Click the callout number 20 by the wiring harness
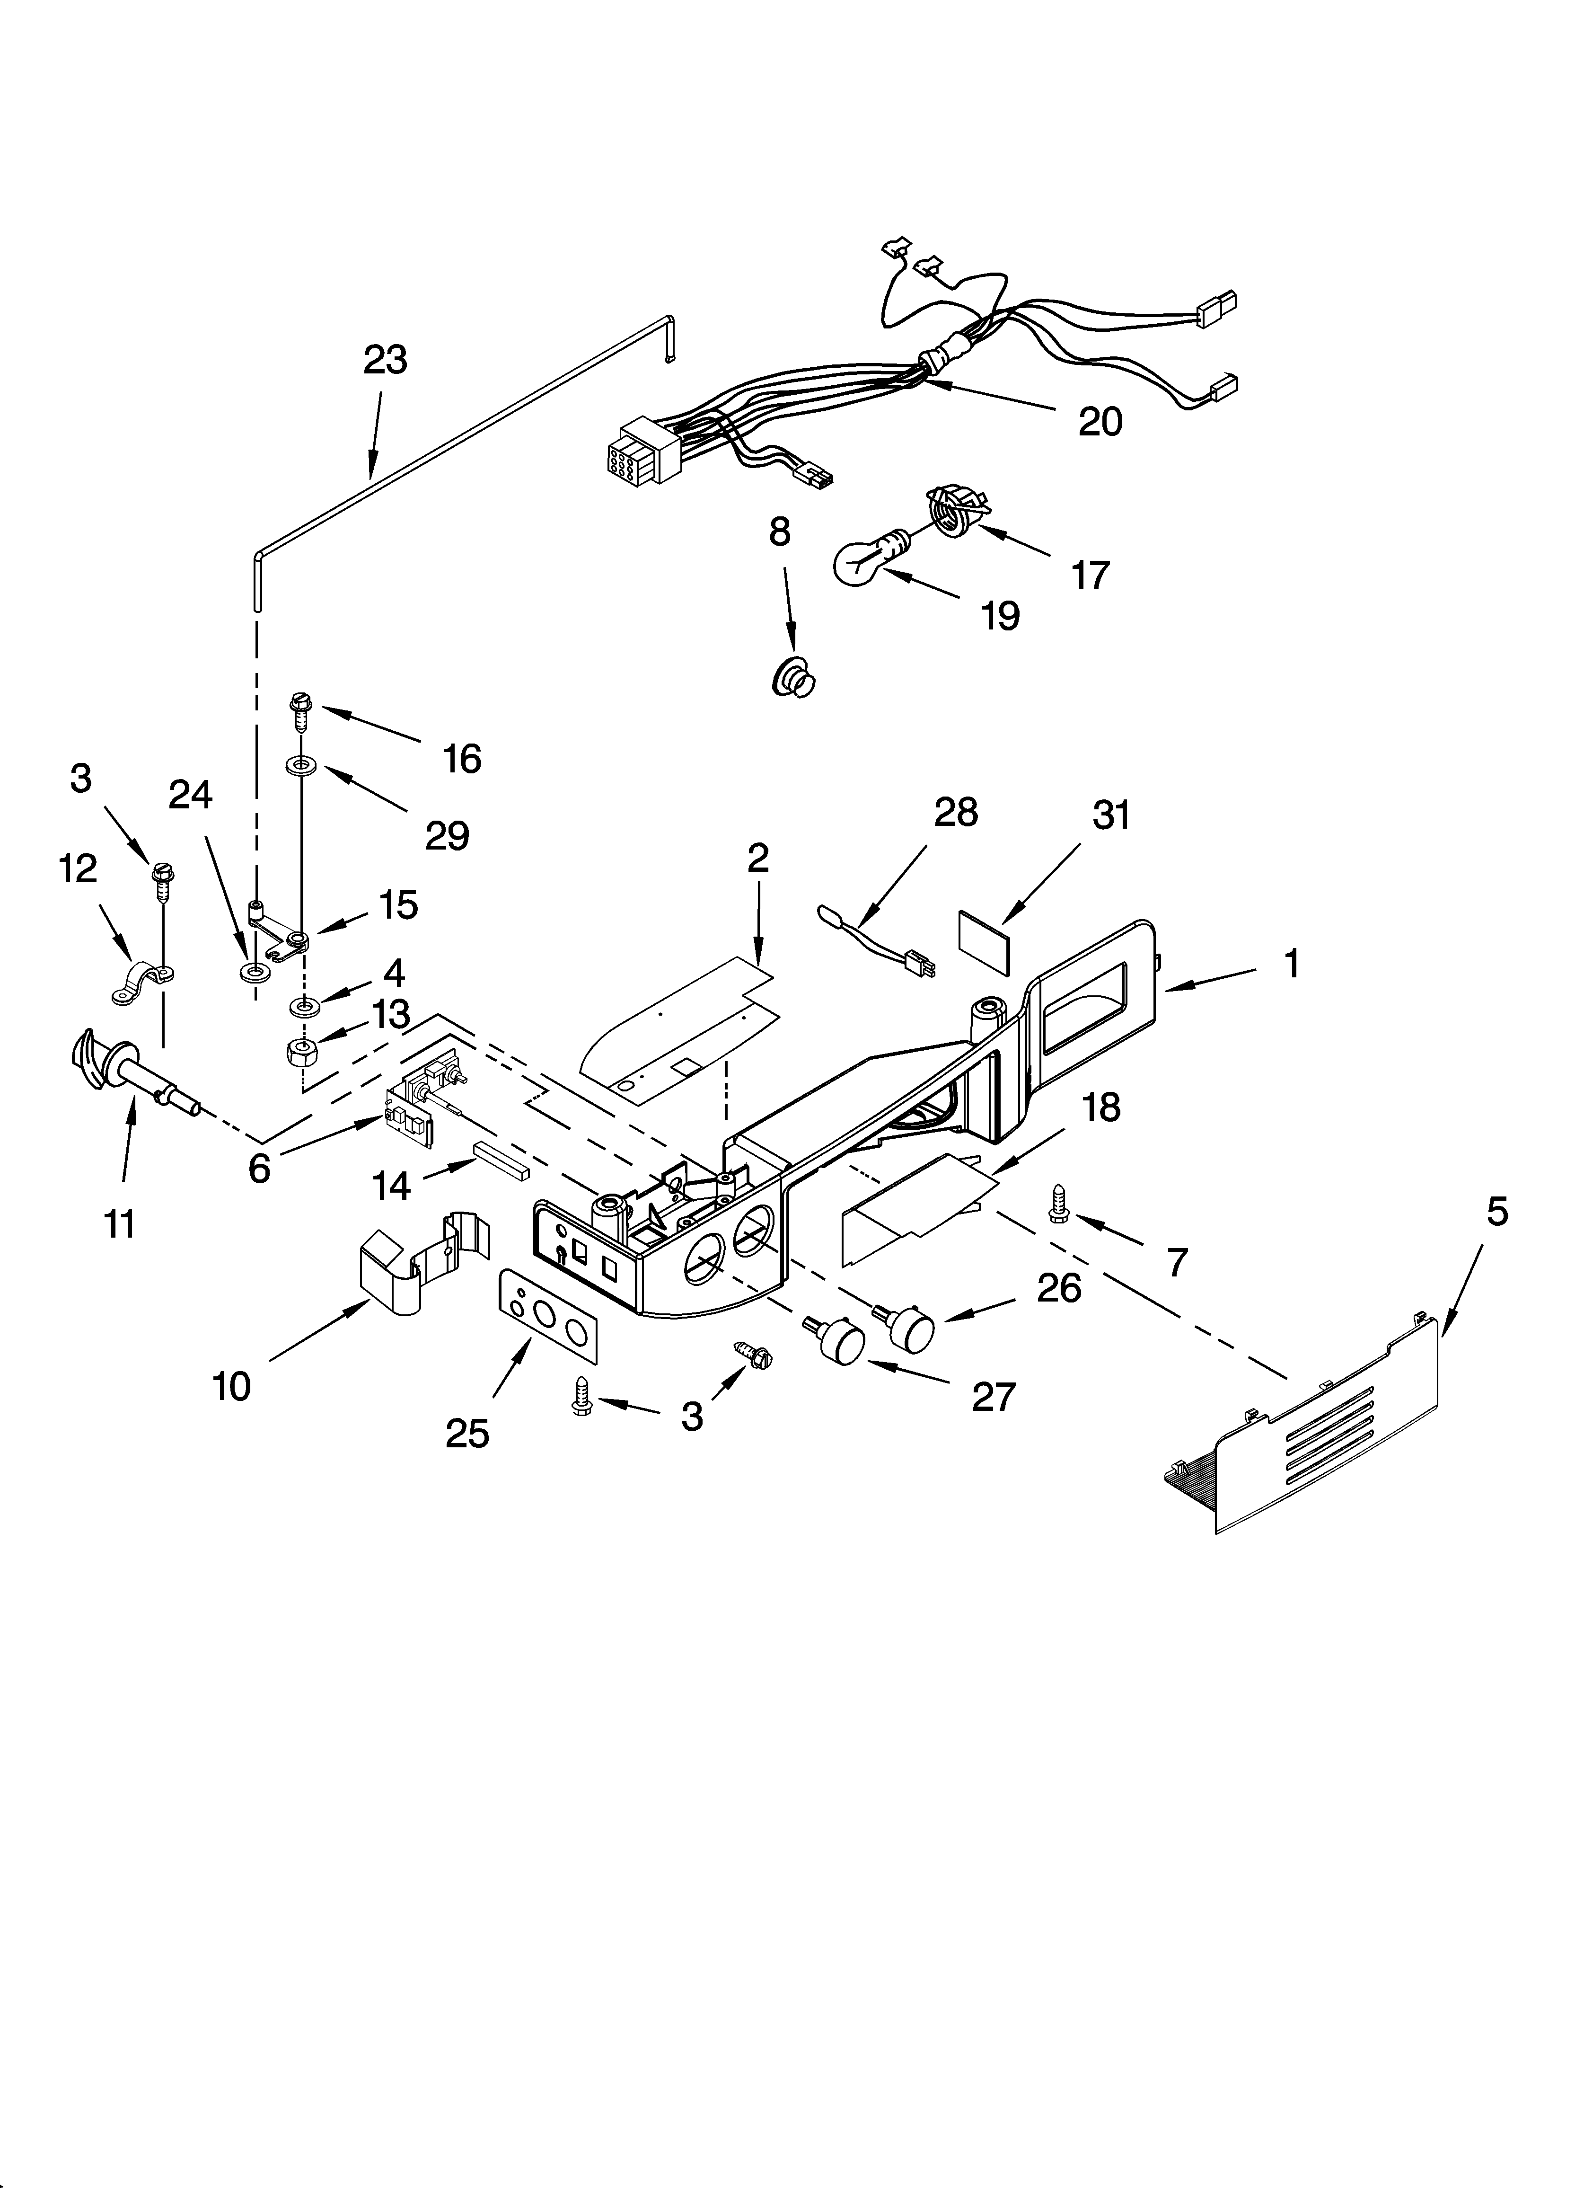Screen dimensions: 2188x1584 pos(1100,422)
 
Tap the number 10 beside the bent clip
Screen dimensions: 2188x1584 pos(231,1386)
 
